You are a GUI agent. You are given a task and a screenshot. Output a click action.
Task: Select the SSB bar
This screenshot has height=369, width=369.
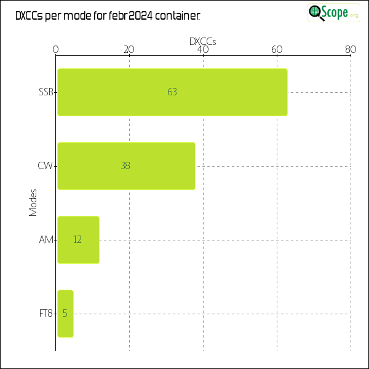(172, 92)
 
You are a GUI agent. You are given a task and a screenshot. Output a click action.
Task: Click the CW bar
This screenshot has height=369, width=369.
(126, 166)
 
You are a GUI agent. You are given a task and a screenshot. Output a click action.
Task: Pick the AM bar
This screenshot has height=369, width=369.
(78, 240)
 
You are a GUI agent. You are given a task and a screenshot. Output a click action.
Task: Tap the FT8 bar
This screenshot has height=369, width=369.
(65, 314)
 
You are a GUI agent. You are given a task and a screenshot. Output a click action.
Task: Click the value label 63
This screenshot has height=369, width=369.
(172, 92)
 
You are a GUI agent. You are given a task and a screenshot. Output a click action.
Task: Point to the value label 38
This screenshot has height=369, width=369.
(125, 166)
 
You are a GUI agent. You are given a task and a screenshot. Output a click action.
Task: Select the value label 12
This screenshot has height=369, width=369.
(77, 240)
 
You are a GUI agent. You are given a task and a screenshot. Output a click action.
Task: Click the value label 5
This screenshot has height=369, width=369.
(65, 314)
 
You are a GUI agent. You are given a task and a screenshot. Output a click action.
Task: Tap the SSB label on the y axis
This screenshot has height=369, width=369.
(46, 92)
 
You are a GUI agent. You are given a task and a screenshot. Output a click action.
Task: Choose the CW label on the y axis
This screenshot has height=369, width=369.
(46, 166)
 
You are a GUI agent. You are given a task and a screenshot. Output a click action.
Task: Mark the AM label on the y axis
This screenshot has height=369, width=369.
(46, 240)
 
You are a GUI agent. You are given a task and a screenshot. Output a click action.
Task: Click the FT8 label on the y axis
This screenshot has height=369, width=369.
(46, 314)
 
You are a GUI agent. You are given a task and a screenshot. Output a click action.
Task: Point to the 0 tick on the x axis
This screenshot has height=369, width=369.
(56, 50)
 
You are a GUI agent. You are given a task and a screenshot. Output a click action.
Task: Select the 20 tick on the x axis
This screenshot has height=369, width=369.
(129, 50)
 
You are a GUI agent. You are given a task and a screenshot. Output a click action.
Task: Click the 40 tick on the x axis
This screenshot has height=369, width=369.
(203, 50)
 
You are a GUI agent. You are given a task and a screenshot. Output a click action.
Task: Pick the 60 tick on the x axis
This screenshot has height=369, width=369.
(277, 50)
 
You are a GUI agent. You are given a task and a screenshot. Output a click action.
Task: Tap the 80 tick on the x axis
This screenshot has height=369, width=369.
(351, 50)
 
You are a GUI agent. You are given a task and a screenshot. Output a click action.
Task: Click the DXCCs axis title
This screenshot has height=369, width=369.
(203, 41)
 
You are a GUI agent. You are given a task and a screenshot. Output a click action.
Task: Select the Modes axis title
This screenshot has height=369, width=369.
(33, 203)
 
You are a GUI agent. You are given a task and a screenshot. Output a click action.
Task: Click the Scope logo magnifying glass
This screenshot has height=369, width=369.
(316, 12)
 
